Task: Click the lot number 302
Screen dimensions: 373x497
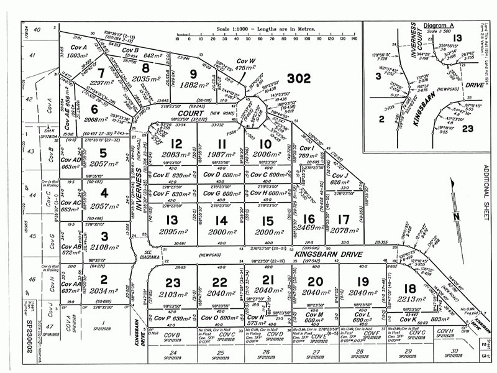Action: click(x=298, y=78)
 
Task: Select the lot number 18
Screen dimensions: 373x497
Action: click(x=409, y=288)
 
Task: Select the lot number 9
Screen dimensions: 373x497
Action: click(x=193, y=74)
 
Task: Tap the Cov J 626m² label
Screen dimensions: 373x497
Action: click(x=340, y=178)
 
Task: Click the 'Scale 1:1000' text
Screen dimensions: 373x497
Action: click(x=230, y=29)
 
